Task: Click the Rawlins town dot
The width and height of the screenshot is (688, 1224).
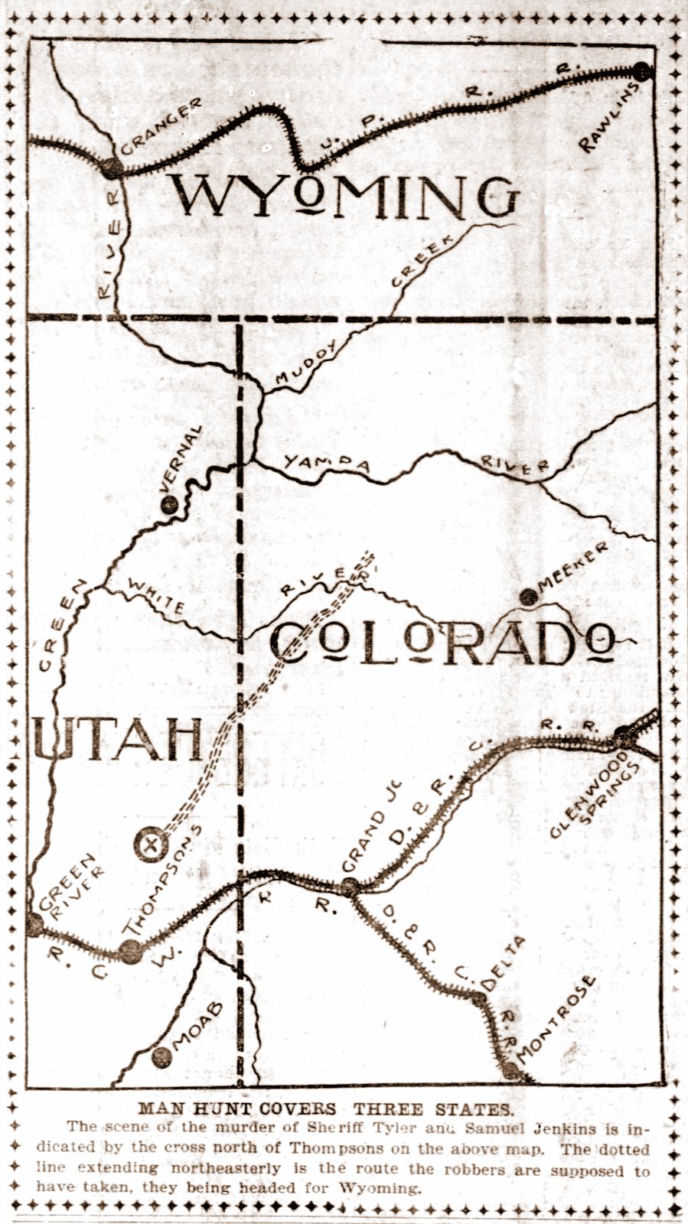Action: pyautogui.click(x=641, y=72)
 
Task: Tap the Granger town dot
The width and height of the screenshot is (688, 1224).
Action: pyautogui.click(x=112, y=168)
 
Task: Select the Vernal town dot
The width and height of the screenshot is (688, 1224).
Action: pyautogui.click(x=170, y=503)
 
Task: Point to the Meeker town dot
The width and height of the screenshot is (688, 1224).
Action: pyautogui.click(x=527, y=596)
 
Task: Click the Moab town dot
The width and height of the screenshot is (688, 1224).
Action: pyautogui.click(x=161, y=1057)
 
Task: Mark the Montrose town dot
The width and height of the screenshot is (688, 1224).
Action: pyautogui.click(x=510, y=1069)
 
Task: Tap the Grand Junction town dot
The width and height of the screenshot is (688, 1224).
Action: pyautogui.click(x=350, y=887)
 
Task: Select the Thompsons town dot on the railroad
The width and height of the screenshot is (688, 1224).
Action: pyautogui.click(x=131, y=951)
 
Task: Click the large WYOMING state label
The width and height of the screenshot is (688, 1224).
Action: pyautogui.click(x=344, y=197)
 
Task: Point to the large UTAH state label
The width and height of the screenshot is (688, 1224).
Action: pyautogui.click(x=119, y=738)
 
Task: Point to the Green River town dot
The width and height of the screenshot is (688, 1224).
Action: pyautogui.click(x=34, y=924)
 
